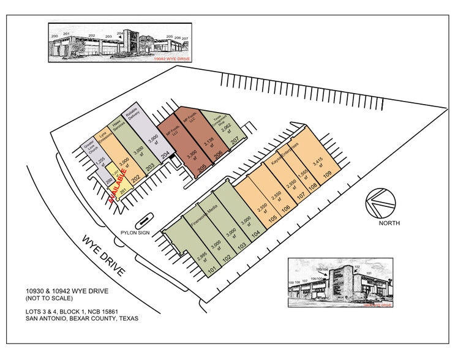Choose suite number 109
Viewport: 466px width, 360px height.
click(328, 174)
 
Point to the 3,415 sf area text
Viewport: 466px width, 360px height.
click(317, 163)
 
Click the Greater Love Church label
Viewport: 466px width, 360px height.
click(89, 149)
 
